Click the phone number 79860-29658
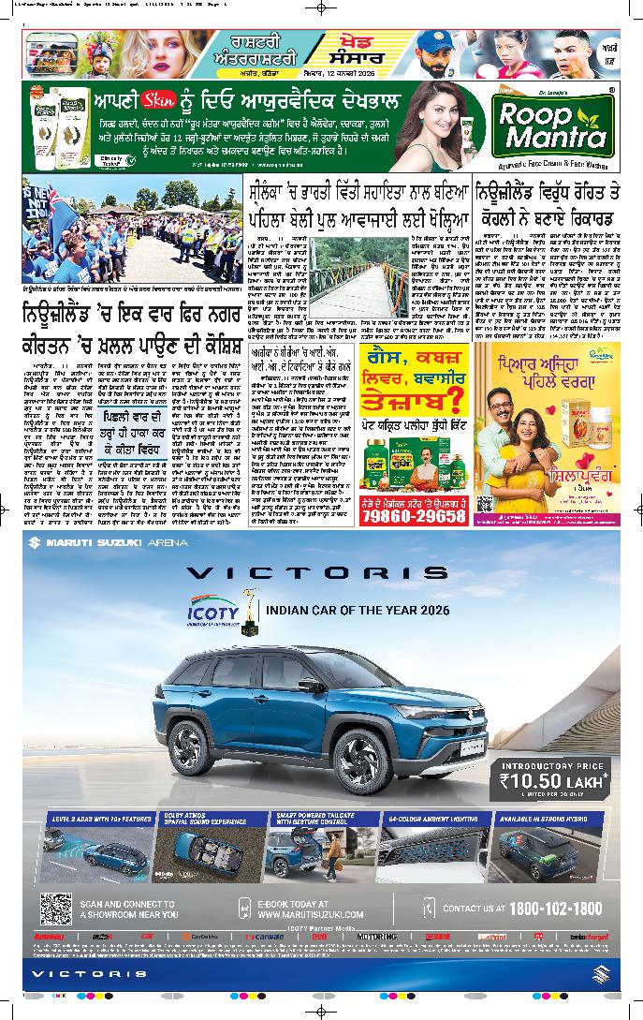tap(413, 515)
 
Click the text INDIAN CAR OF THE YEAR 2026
tap(358, 610)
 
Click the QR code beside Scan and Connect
tap(56, 908)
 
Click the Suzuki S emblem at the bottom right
tap(601, 975)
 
